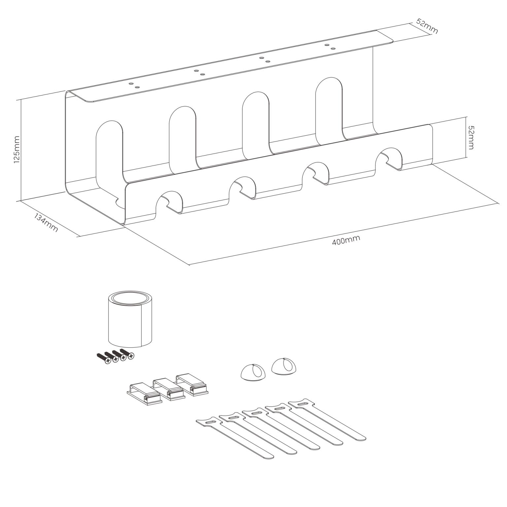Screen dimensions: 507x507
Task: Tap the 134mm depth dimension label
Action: pos(46,222)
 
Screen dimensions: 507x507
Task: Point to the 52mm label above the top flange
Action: pos(427,26)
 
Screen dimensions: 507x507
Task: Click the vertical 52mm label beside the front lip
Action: pos(471,137)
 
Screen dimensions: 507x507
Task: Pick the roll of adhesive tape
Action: pos(130,319)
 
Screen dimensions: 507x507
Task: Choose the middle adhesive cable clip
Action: pos(168,389)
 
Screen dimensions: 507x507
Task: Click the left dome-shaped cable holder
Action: pos(253,372)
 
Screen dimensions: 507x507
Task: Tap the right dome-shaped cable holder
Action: pos(284,366)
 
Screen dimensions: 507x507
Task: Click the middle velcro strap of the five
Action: pos(281,429)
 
